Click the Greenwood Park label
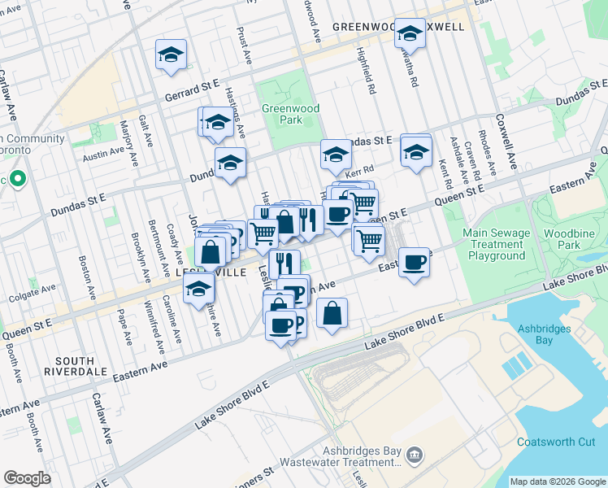290,114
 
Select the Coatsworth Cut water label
556,442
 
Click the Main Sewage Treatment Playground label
497,245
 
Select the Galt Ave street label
145,131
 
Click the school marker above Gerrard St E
172,54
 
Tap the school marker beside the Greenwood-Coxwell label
410,33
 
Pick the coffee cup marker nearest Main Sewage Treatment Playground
415,262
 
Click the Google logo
28,478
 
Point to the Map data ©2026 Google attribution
557,481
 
